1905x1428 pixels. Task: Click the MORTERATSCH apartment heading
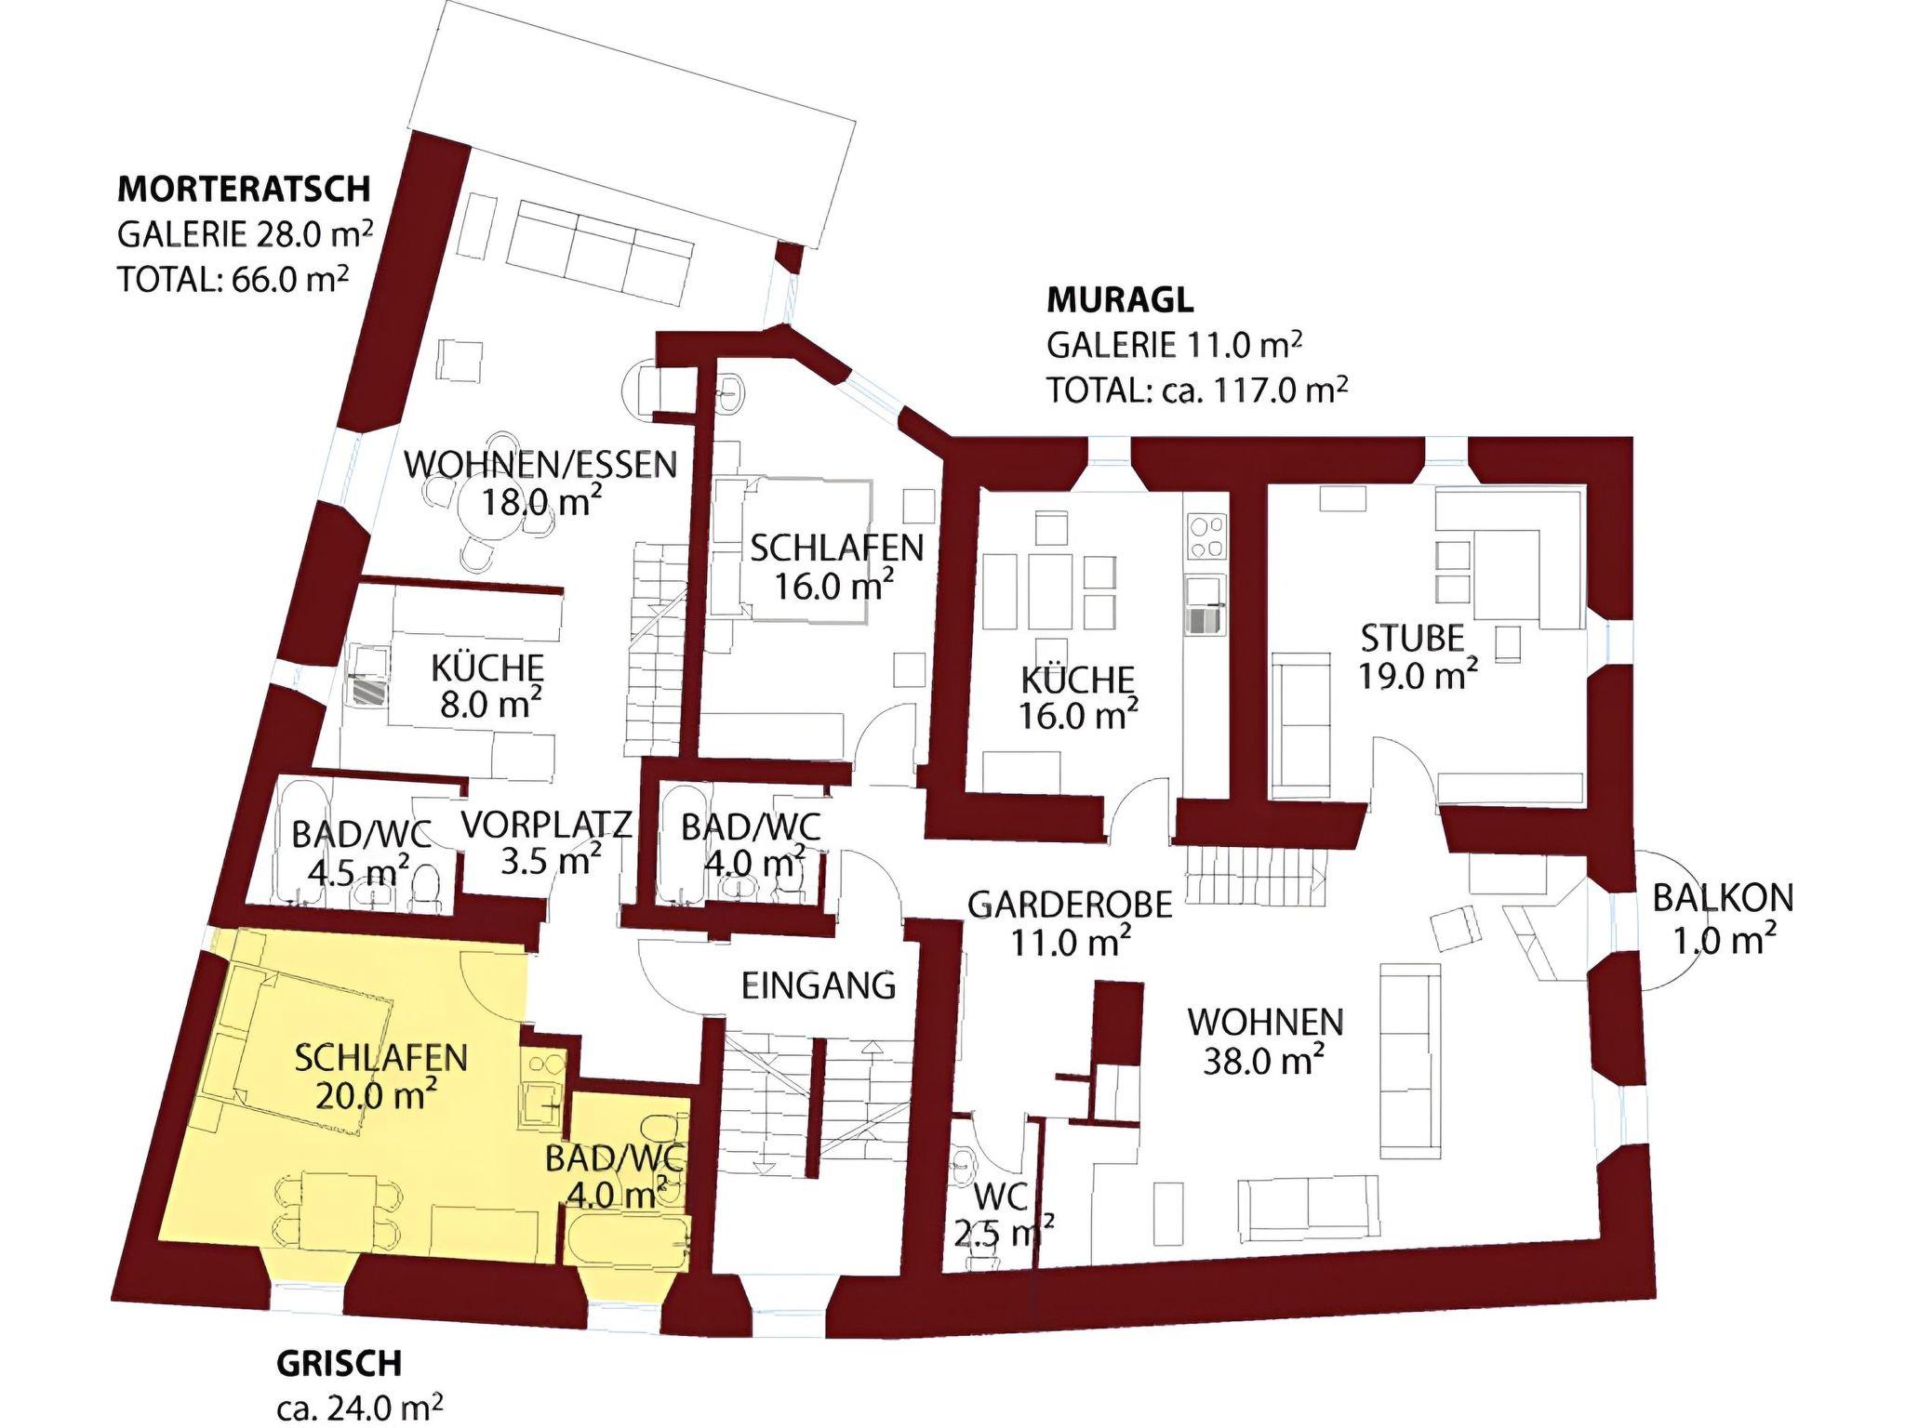[244, 189]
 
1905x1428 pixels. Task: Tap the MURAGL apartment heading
[1120, 300]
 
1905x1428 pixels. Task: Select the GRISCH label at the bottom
[340, 1363]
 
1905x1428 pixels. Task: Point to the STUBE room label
[1412, 639]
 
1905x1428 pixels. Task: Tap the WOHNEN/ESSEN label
[541, 463]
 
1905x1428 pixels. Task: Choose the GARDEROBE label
[1070, 904]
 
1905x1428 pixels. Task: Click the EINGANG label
[819, 985]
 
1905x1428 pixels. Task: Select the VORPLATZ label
[546, 824]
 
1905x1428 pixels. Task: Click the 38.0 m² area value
[1264, 1061]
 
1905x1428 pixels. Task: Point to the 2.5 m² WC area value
[1004, 1234]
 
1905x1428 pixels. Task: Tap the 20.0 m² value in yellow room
[377, 1095]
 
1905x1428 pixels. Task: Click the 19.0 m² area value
[1418, 675]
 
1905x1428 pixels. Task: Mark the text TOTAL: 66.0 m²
[233, 278]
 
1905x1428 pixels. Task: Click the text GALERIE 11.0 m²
[1174, 345]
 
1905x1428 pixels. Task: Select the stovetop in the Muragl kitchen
[1206, 537]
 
